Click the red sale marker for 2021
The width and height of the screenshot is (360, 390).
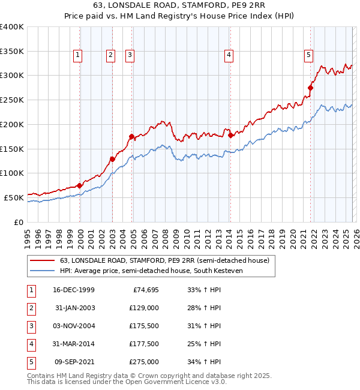(x=310, y=88)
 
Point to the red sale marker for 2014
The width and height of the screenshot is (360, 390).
(x=231, y=136)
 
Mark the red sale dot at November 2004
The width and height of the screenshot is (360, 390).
(x=131, y=136)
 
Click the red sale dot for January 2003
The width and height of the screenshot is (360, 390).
(x=112, y=159)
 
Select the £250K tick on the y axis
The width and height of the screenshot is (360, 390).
(x=13, y=100)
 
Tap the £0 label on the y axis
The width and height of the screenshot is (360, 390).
(x=19, y=221)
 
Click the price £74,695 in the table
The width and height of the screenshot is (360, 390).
(x=144, y=290)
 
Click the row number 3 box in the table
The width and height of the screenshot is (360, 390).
(x=30, y=326)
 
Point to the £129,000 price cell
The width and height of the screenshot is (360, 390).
(x=144, y=308)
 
